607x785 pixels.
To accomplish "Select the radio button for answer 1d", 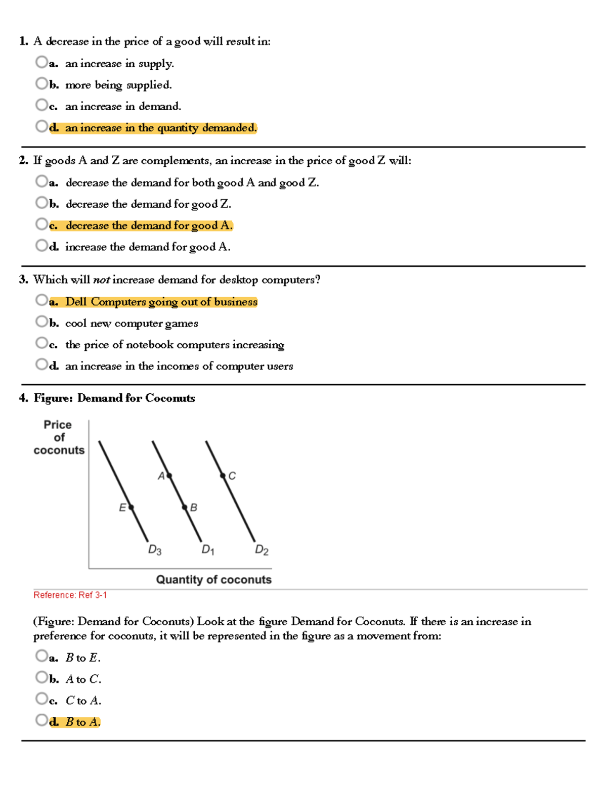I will pos(41,126).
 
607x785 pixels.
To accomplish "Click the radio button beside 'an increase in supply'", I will pos(41,62).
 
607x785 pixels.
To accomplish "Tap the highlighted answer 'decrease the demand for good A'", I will pos(149,225).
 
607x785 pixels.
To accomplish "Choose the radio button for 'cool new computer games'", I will pos(41,321).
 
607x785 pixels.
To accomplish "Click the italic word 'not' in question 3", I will pos(102,280).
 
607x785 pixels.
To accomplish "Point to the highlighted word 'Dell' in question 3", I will pos(76,302).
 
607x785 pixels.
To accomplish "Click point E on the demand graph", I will pos(131,507).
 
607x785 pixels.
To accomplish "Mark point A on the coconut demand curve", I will pos(169,476).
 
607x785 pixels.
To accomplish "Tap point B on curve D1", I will pos(185,507).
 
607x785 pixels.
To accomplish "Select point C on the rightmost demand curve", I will pos(223,476).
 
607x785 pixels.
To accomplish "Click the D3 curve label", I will pos(155,550).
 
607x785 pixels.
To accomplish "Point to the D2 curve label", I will pos(262,550).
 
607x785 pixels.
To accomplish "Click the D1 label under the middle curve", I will pos(208,550).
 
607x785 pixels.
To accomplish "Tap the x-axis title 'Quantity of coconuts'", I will pos(213,580).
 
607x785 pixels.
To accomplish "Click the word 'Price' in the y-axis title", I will pos(58,425).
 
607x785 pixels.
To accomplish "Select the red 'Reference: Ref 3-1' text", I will pos(70,595).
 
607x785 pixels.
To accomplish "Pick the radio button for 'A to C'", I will pos(41,677).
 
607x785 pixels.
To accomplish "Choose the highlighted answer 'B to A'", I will pos(83,722).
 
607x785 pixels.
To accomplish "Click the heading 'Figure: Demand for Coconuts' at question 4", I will pos(114,398).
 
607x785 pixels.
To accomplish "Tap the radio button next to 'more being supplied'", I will pos(41,83).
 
